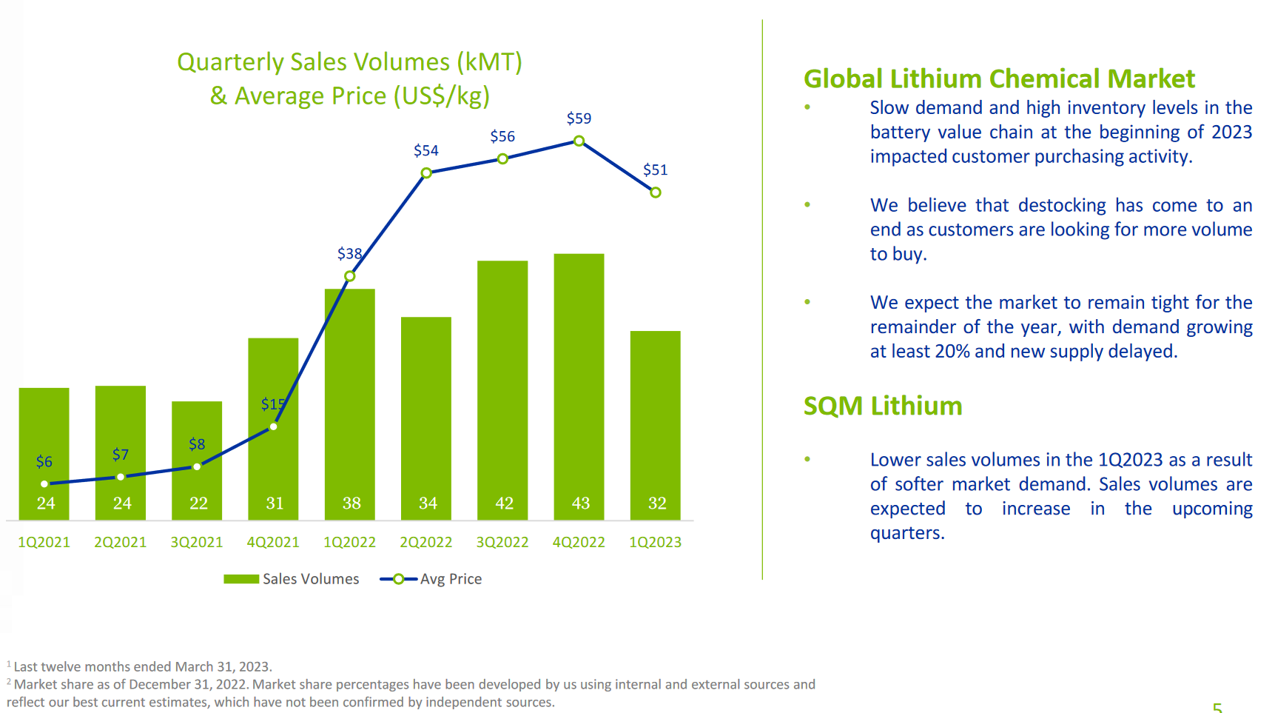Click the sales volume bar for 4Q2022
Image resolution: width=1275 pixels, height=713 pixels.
579,385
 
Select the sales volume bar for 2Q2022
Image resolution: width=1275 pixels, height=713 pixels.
426,415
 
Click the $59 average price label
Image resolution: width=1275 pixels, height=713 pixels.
579,118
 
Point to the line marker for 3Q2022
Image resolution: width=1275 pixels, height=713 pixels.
502,159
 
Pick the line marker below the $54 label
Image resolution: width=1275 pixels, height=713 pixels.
426,173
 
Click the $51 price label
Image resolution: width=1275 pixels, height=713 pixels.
655,170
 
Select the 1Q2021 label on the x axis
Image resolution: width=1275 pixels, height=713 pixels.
44,542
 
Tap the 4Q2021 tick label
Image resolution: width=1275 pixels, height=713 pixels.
273,542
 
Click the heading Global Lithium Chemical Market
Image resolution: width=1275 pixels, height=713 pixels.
999,78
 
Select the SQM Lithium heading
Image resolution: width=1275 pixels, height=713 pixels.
883,406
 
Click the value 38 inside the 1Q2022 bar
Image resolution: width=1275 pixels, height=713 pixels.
351,503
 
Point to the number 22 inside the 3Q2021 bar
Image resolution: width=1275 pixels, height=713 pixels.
198,503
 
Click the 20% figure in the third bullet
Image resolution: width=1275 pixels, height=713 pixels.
952,351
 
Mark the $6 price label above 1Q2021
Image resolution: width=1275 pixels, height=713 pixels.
44,462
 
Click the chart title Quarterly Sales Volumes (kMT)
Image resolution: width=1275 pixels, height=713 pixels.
349,62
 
